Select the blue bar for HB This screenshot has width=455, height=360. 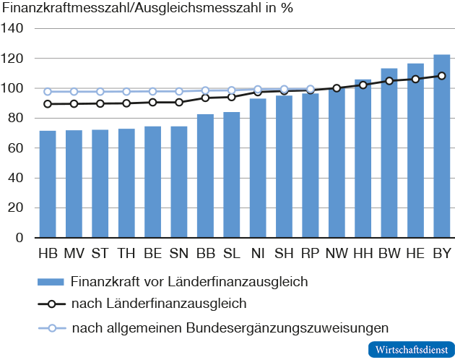(x=48, y=184)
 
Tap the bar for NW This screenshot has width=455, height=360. (x=337, y=163)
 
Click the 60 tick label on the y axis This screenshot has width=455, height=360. (x=16, y=148)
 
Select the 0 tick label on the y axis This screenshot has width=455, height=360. (x=19, y=238)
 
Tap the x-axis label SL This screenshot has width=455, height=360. (x=232, y=254)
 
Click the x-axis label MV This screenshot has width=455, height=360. (x=74, y=254)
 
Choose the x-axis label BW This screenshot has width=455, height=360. (x=389, y=254)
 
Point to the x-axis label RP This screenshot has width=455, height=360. (x=311, y=254)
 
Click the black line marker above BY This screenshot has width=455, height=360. (x=441, y=76)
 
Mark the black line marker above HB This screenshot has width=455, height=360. (x=48, y=104)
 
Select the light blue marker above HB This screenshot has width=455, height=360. (x=48, y=92)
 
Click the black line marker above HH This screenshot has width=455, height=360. (x=363, y=85)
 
